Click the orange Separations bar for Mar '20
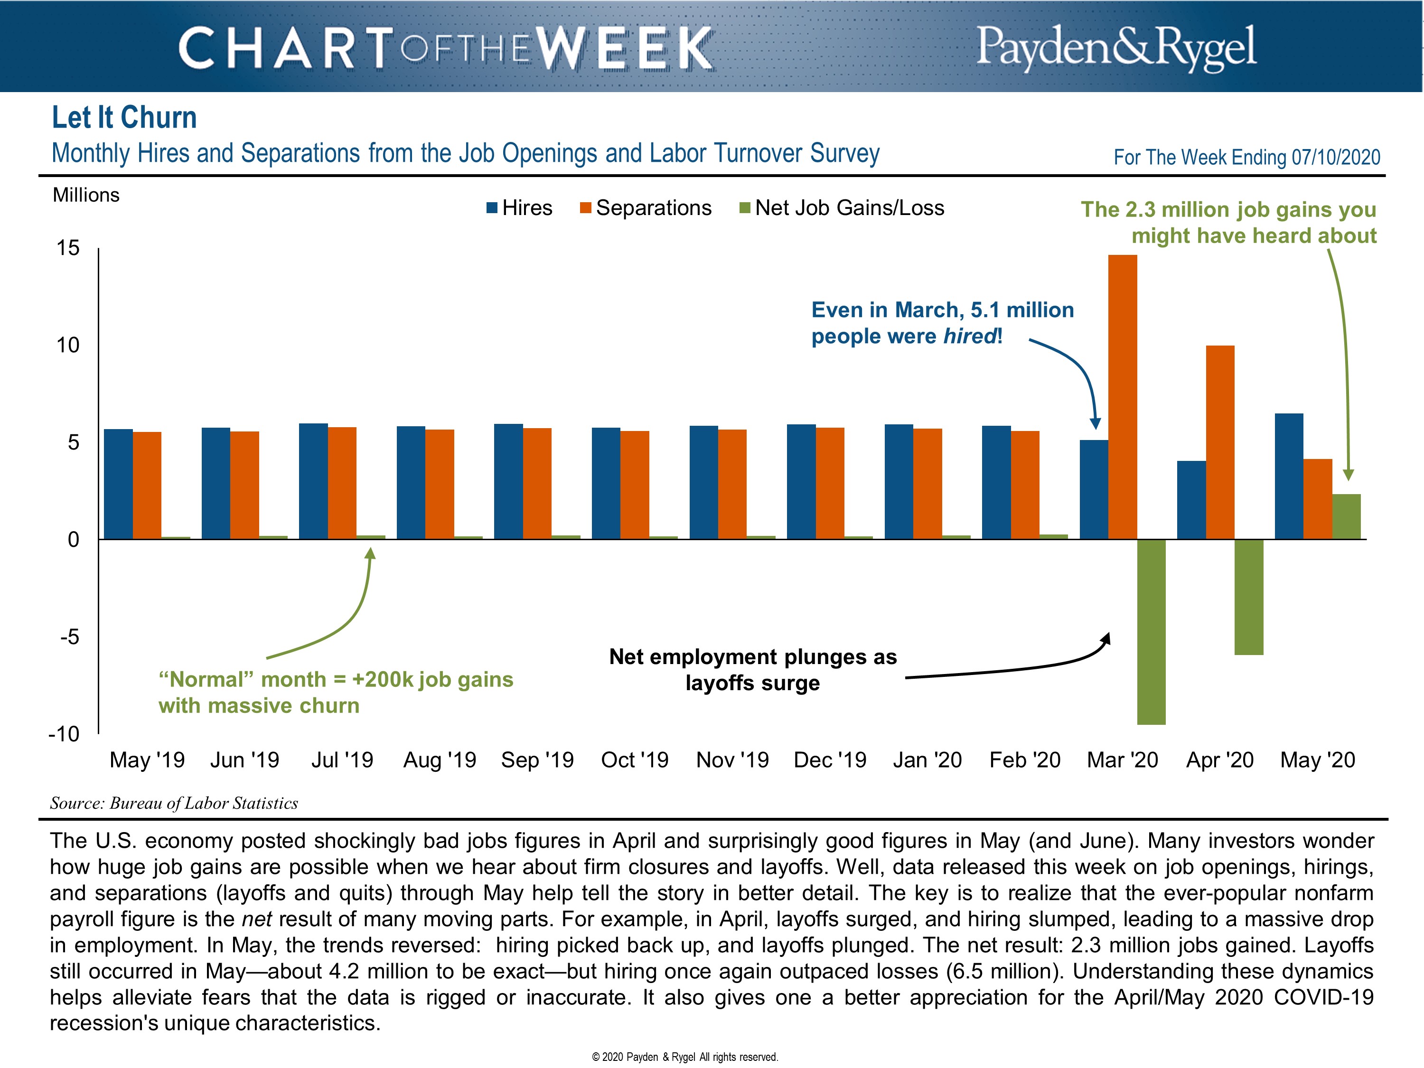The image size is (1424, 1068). pyautogui.click(x=1122, y=396)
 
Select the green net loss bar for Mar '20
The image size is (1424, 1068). pyautogui.click(x=1151, y=631)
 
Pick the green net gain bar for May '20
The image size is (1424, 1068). pyautogui.click(x=1346, y=516)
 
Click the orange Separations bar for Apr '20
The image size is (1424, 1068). pyautogui.click(x=1220, y=442)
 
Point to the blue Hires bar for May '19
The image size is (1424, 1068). pyautogui.click(x=119, y=484)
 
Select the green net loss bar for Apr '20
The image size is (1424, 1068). pyautogui.click(x=1249, y=597)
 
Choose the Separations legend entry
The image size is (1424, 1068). pyautogui.click(x=646, y=208)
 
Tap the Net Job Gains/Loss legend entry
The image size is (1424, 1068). pyautogui.click(x=842, y=208)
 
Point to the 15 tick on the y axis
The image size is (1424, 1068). pyautogui.click(x=67, y=248)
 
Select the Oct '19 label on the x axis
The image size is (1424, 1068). pyautogui.click(x=635, y=760)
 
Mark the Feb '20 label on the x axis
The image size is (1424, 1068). pyautogui.click(x=1025, y=760)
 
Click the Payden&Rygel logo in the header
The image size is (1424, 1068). pyautogui.click(x=1116, y=47)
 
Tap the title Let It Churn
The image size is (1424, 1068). pyautogui.click(x=124, y=118)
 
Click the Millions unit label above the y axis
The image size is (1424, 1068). pyautogui.click(x=86, y=195)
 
